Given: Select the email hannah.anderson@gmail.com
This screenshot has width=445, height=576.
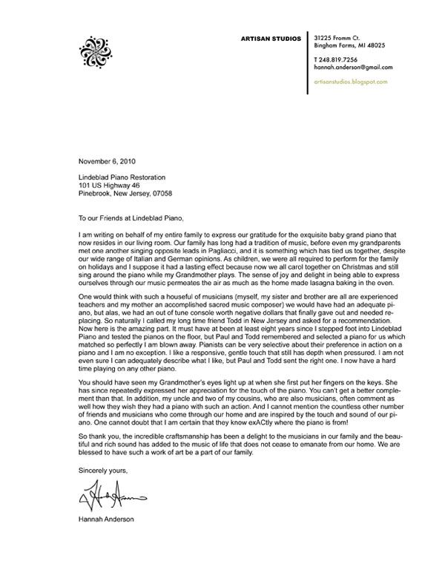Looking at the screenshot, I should click(x=353, y=67).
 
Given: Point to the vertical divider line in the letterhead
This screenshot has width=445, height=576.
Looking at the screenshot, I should click(x=309, y=64).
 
